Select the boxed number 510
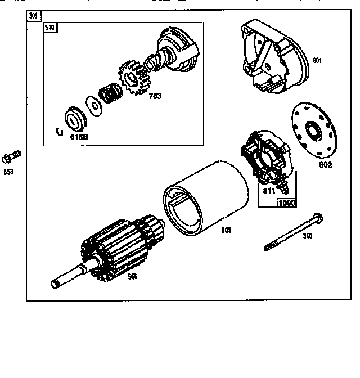pyautogui.click(x=50, y=28)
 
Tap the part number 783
pyautogui.click(x=155, y=96)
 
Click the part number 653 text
pyautogui.click(x=9, y=172)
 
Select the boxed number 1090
pyautogui.click(x=287, y=202)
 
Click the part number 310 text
pyautogui.click(x=307, y=236)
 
